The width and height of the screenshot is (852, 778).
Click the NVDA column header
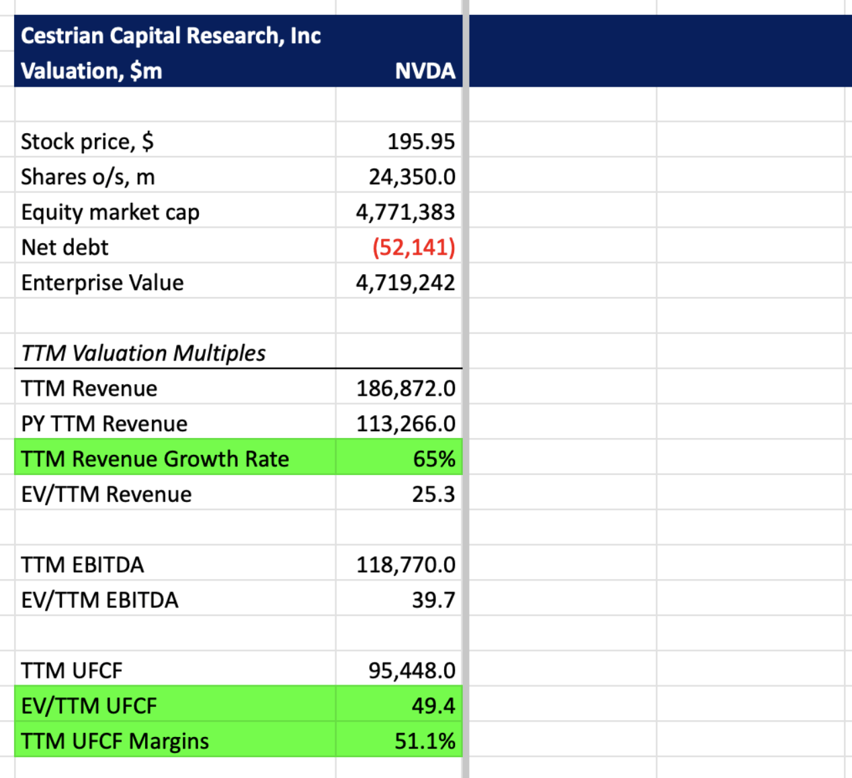click(x=425, y=71)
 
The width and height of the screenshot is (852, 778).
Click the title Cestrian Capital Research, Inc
click(x=171, y=36)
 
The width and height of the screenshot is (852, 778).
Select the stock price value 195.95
click(x=421, y=142)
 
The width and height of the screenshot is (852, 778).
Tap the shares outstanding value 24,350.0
click(x=411, y=177)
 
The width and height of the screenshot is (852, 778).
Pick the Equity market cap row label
click(x=110, y=212)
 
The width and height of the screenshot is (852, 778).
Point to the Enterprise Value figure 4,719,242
click(x=405, y=283)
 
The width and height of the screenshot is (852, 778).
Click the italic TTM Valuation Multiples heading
click(x=143, y=353)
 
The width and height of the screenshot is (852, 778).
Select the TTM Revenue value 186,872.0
click(x=405, y=388)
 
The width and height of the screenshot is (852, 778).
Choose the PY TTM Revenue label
click(x=104, y=424)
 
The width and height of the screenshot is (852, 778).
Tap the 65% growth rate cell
click(x=433, y=459)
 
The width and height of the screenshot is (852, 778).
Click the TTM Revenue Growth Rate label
click(x=155, y=459)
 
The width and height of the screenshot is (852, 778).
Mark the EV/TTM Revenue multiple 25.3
click(x=433, y=494)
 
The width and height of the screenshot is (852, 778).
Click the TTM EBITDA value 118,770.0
click(x=405, y=565)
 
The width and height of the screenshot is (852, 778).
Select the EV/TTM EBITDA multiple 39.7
click(x=433, y=600)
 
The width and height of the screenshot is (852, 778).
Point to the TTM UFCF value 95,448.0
click(x=411, y=671)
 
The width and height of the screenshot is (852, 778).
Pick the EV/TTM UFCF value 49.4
click(x=433, y=706)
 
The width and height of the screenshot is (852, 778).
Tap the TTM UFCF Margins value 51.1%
click(x=425, y=741)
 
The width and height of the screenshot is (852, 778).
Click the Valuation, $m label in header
click(x=91, y=71)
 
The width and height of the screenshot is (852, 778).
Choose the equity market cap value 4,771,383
click(x=405, y=212)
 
